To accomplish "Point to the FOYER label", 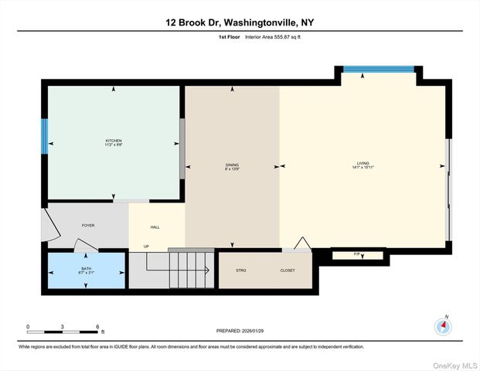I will (89, 226).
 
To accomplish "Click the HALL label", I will (155, 226).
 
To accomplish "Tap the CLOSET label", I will (288, 271).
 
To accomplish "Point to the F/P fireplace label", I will (356, 254).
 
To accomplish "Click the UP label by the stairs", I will (145, 247).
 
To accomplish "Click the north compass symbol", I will (443, 325).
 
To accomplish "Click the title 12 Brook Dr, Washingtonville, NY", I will (240, 22).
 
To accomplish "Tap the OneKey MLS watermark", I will (454, 363).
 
